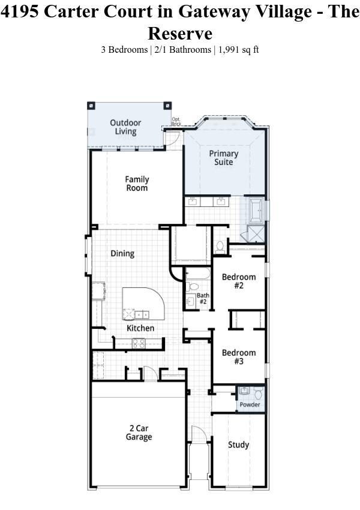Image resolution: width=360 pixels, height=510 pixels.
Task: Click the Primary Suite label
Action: (x=223, y=158)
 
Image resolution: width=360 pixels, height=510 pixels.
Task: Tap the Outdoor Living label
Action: (x=125, y=127)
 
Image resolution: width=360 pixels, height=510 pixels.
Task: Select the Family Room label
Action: (x=137, y=184)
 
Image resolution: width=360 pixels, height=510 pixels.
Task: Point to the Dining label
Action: (x=122, y=254)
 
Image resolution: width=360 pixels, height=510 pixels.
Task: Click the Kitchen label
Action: (x=140, y=328)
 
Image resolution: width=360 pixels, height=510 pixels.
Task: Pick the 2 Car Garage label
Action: (x=139, y=433)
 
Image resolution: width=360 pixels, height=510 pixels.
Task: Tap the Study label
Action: (x=238, y=445)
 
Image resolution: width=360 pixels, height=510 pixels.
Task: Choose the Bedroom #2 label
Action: (x=239, y=281)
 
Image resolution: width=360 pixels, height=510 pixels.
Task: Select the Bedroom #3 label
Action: (x=239, y=357)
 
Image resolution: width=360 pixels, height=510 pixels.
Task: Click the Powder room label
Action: (x=250, y=404)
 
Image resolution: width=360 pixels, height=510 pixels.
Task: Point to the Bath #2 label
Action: (x=203, y=298)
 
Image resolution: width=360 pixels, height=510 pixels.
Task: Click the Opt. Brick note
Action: (x=176, y=121)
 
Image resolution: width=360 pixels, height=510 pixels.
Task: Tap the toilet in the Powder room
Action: (x=258, y=393)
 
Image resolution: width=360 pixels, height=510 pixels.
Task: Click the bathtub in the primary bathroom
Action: (x=257, y=211)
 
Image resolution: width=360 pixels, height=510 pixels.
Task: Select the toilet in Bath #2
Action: (x=193, y=287)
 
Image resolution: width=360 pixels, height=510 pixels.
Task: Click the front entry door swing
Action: (x=199, y=434)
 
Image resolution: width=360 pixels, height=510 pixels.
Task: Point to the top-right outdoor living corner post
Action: (x=167, y=106)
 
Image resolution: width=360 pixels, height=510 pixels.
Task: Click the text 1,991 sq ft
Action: (x=238, y=50)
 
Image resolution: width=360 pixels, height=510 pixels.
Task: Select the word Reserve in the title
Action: (x=180, y=33)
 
